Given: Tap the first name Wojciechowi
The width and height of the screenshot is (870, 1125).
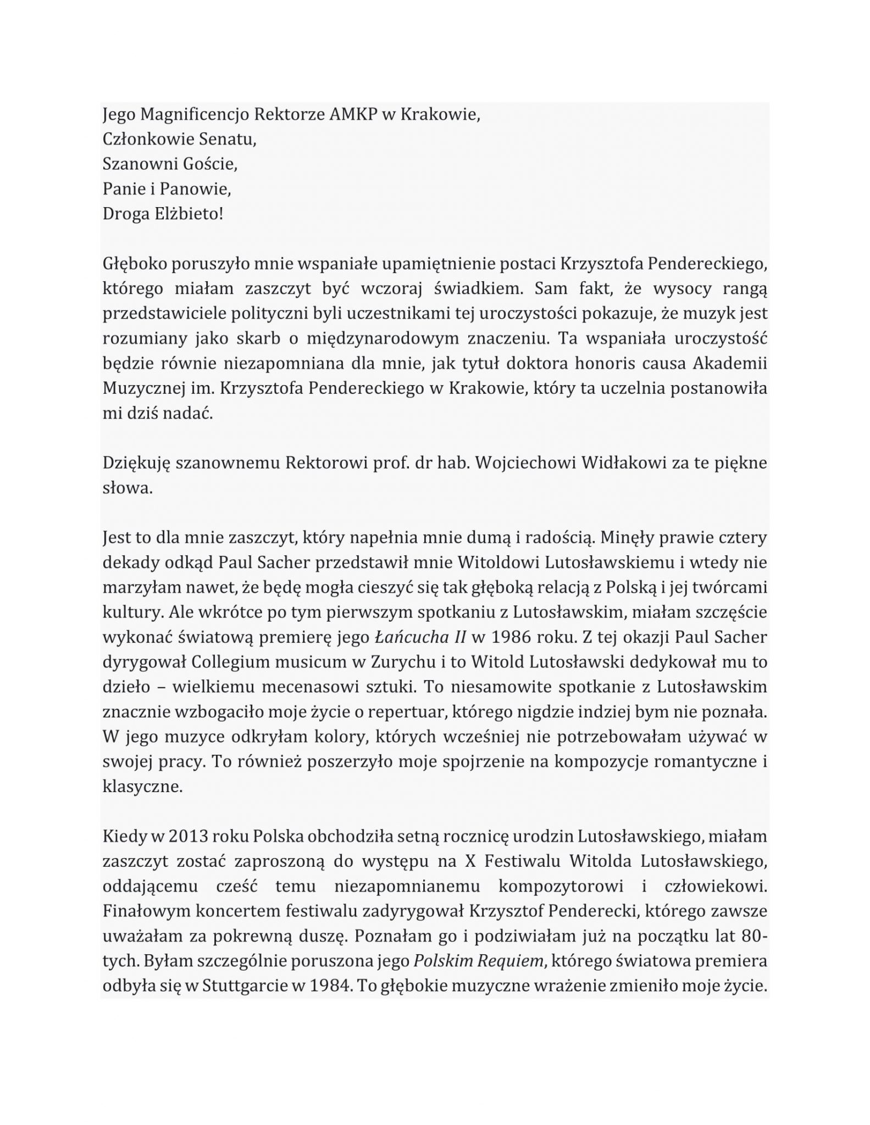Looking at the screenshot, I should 526,463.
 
